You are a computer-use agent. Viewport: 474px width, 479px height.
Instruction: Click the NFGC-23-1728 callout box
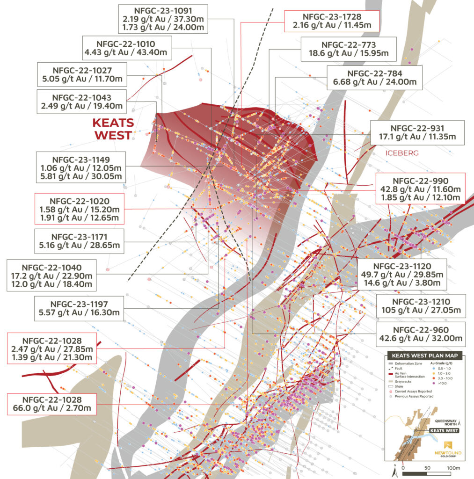331,21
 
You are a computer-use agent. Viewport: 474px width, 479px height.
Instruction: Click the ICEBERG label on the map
402,153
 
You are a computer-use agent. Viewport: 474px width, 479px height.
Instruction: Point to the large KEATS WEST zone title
113,129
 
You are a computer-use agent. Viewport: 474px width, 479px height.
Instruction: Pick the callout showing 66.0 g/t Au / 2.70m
52,405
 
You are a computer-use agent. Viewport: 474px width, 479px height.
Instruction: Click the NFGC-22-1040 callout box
52,274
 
